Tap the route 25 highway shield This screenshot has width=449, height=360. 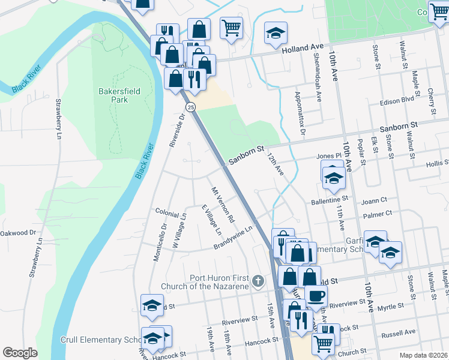(190, 107)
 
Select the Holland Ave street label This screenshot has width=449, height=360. (304, 48)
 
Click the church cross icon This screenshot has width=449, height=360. (258, 281)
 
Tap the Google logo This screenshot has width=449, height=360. (20, 352)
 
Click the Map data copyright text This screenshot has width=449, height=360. (423, 355)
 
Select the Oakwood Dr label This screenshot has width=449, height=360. (18, 233)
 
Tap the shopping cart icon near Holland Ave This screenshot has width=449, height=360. (231, 26)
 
